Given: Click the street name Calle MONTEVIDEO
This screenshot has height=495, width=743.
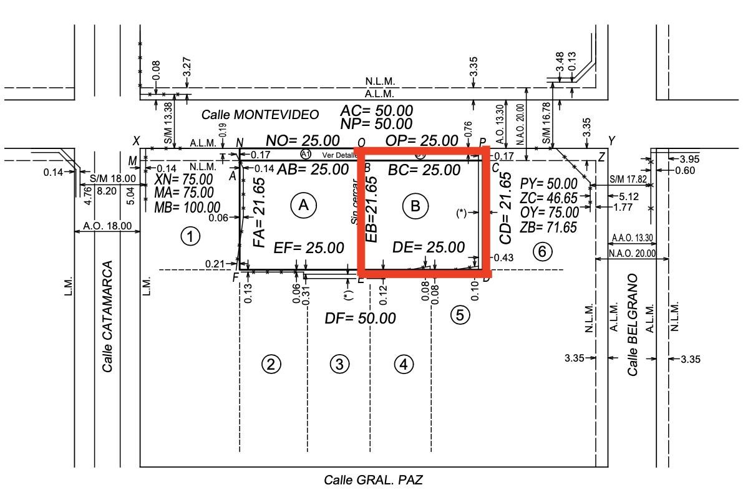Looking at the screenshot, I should pyautogui.click(x=260, y=115).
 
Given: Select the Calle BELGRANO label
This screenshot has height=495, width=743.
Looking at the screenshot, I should pyautogui.click(x=633, y=324).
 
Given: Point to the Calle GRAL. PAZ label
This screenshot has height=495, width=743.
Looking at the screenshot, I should pyautogui.click(x=376, y=480).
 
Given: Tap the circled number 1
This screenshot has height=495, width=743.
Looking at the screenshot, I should pyautogui.click(x=190, y=236).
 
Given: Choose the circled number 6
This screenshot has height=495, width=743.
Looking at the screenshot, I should pyautogui.click(x=542, y=251).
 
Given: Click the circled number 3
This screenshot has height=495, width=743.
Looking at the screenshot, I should pyautogui.click(x=339, y=363).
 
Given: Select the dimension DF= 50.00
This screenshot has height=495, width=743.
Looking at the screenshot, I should pyautogui.click(x=360, y=319).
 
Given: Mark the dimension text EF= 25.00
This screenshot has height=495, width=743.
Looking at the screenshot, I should pyautogui.click(x=309, y=248).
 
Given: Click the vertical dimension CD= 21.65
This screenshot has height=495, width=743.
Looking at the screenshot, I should pyautogui.click(x=506, y=207).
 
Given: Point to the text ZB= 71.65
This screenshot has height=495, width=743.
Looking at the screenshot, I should pyautogui.click(x=549, y=228).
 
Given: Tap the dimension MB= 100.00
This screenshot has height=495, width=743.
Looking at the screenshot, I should pyautogui.click(x=187, y=207).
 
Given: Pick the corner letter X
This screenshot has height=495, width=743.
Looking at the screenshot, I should pyautogui.click(x=137, y=141).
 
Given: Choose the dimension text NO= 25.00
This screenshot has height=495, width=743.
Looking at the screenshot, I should pyautogui.click(x=303, y=140).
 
